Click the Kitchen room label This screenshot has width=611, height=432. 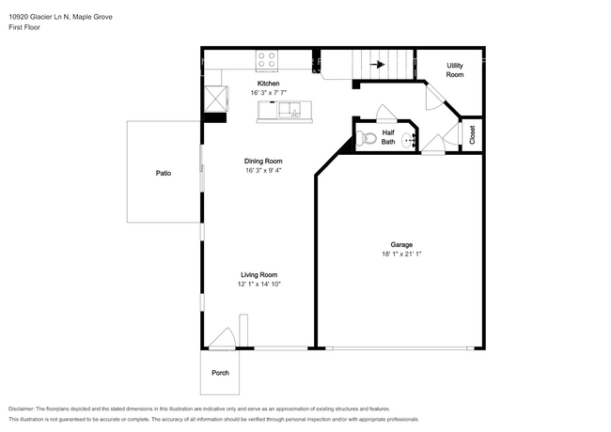point(268,84)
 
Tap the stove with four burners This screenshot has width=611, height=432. point(267,60)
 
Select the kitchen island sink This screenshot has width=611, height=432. point(290,110)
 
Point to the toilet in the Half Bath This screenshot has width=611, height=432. point(366,137)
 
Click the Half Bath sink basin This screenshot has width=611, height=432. point(409,140)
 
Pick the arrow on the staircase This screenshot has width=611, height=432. point(377,64)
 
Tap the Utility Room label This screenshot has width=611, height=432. point(455,70)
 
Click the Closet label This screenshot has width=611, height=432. point(472,134)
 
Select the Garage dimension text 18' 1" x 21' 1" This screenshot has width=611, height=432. point(401,255)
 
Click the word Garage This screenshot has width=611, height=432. point(401,245)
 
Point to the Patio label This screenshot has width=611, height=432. point(164,173)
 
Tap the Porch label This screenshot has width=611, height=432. point(220,373)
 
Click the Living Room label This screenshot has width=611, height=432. point(259,275)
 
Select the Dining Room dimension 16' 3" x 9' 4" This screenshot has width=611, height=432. point(263,171)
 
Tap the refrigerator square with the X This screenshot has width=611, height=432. point(215,99)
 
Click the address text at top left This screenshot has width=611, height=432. point(60,17)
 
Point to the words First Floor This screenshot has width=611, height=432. point(24,27)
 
